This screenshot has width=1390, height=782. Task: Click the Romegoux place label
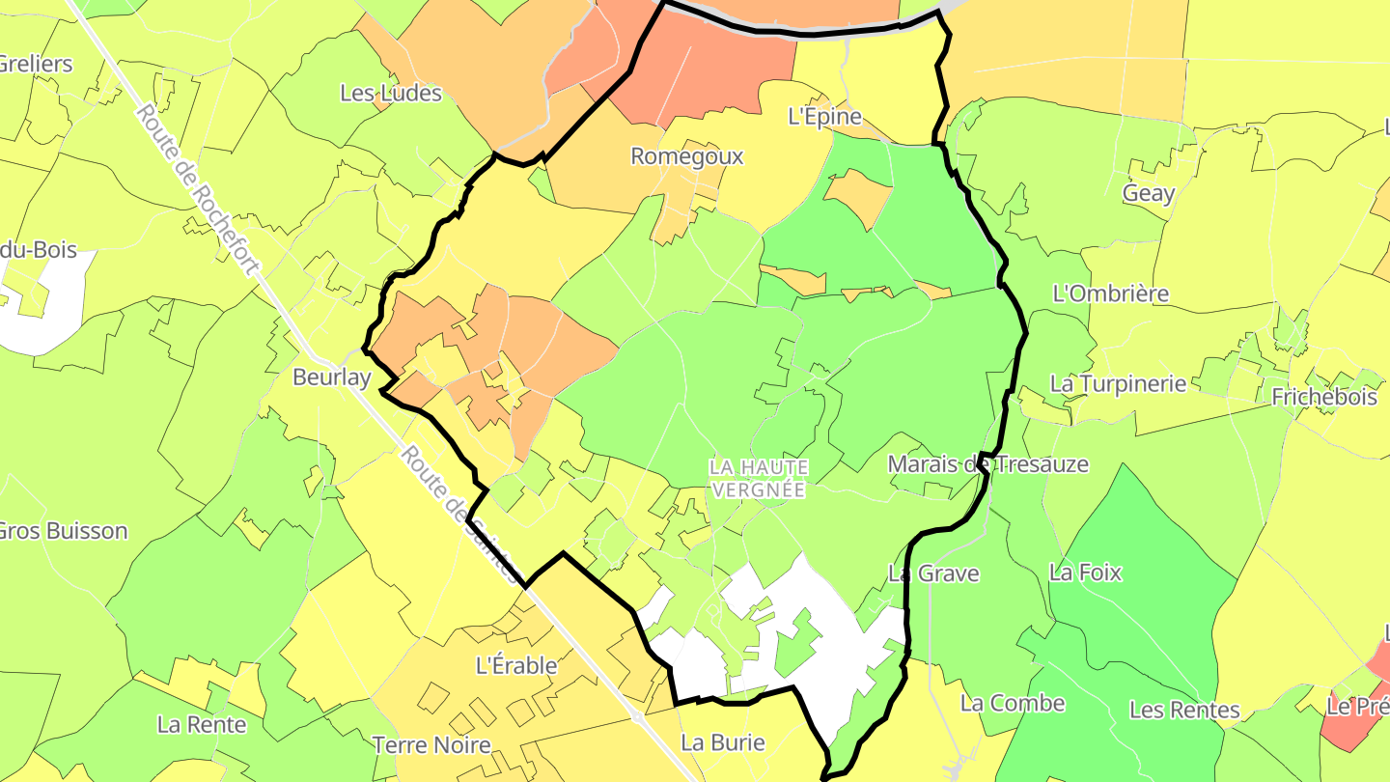pyautogui.click(x=687, y=156)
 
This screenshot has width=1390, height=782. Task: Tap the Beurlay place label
pyautogui.click(x=332, y=377)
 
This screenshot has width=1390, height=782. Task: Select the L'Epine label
pyautogui.click(x=823, y=117)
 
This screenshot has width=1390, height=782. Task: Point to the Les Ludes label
pyautogui.click(x=391, y=94)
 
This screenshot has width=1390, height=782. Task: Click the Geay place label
pyautogui.click(x=1149, y=193)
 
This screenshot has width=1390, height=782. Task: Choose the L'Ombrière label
pyautogui.click(x=1111, y=293)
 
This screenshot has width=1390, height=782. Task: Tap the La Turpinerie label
pyautogui.click(x=1118, y=383)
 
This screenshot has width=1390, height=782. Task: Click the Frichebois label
pyautogui.click(x=1324, y=397)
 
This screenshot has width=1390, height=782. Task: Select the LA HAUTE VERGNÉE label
pyautogui.click(x=758, y=478)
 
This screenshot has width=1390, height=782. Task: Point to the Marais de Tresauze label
pyautogui.click(x=988, y=464)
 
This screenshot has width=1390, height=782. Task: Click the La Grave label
pyautogui.click(x=933, y=573)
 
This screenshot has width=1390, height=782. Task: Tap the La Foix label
pyautogui.click(x=1086, y=573)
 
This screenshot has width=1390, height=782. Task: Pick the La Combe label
pyautogui.click(x=1013, y=703)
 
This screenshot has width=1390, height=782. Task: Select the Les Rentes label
pyautogui.click(x=1184, y=711)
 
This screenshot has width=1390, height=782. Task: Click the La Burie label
pyautogui.click(x=723, y=742)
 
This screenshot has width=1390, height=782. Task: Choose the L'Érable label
pyautogui.click(x=517, y=666)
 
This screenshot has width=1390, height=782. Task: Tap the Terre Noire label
pyautogui.click(x=431, y=745)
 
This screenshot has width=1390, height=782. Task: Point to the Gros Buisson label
pyautogui.click(x=64, y=531)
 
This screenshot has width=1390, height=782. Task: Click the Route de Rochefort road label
pyautogui.click(x=197, y=189)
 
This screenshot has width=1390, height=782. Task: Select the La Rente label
pyautogui.click(x=202, y=724)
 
